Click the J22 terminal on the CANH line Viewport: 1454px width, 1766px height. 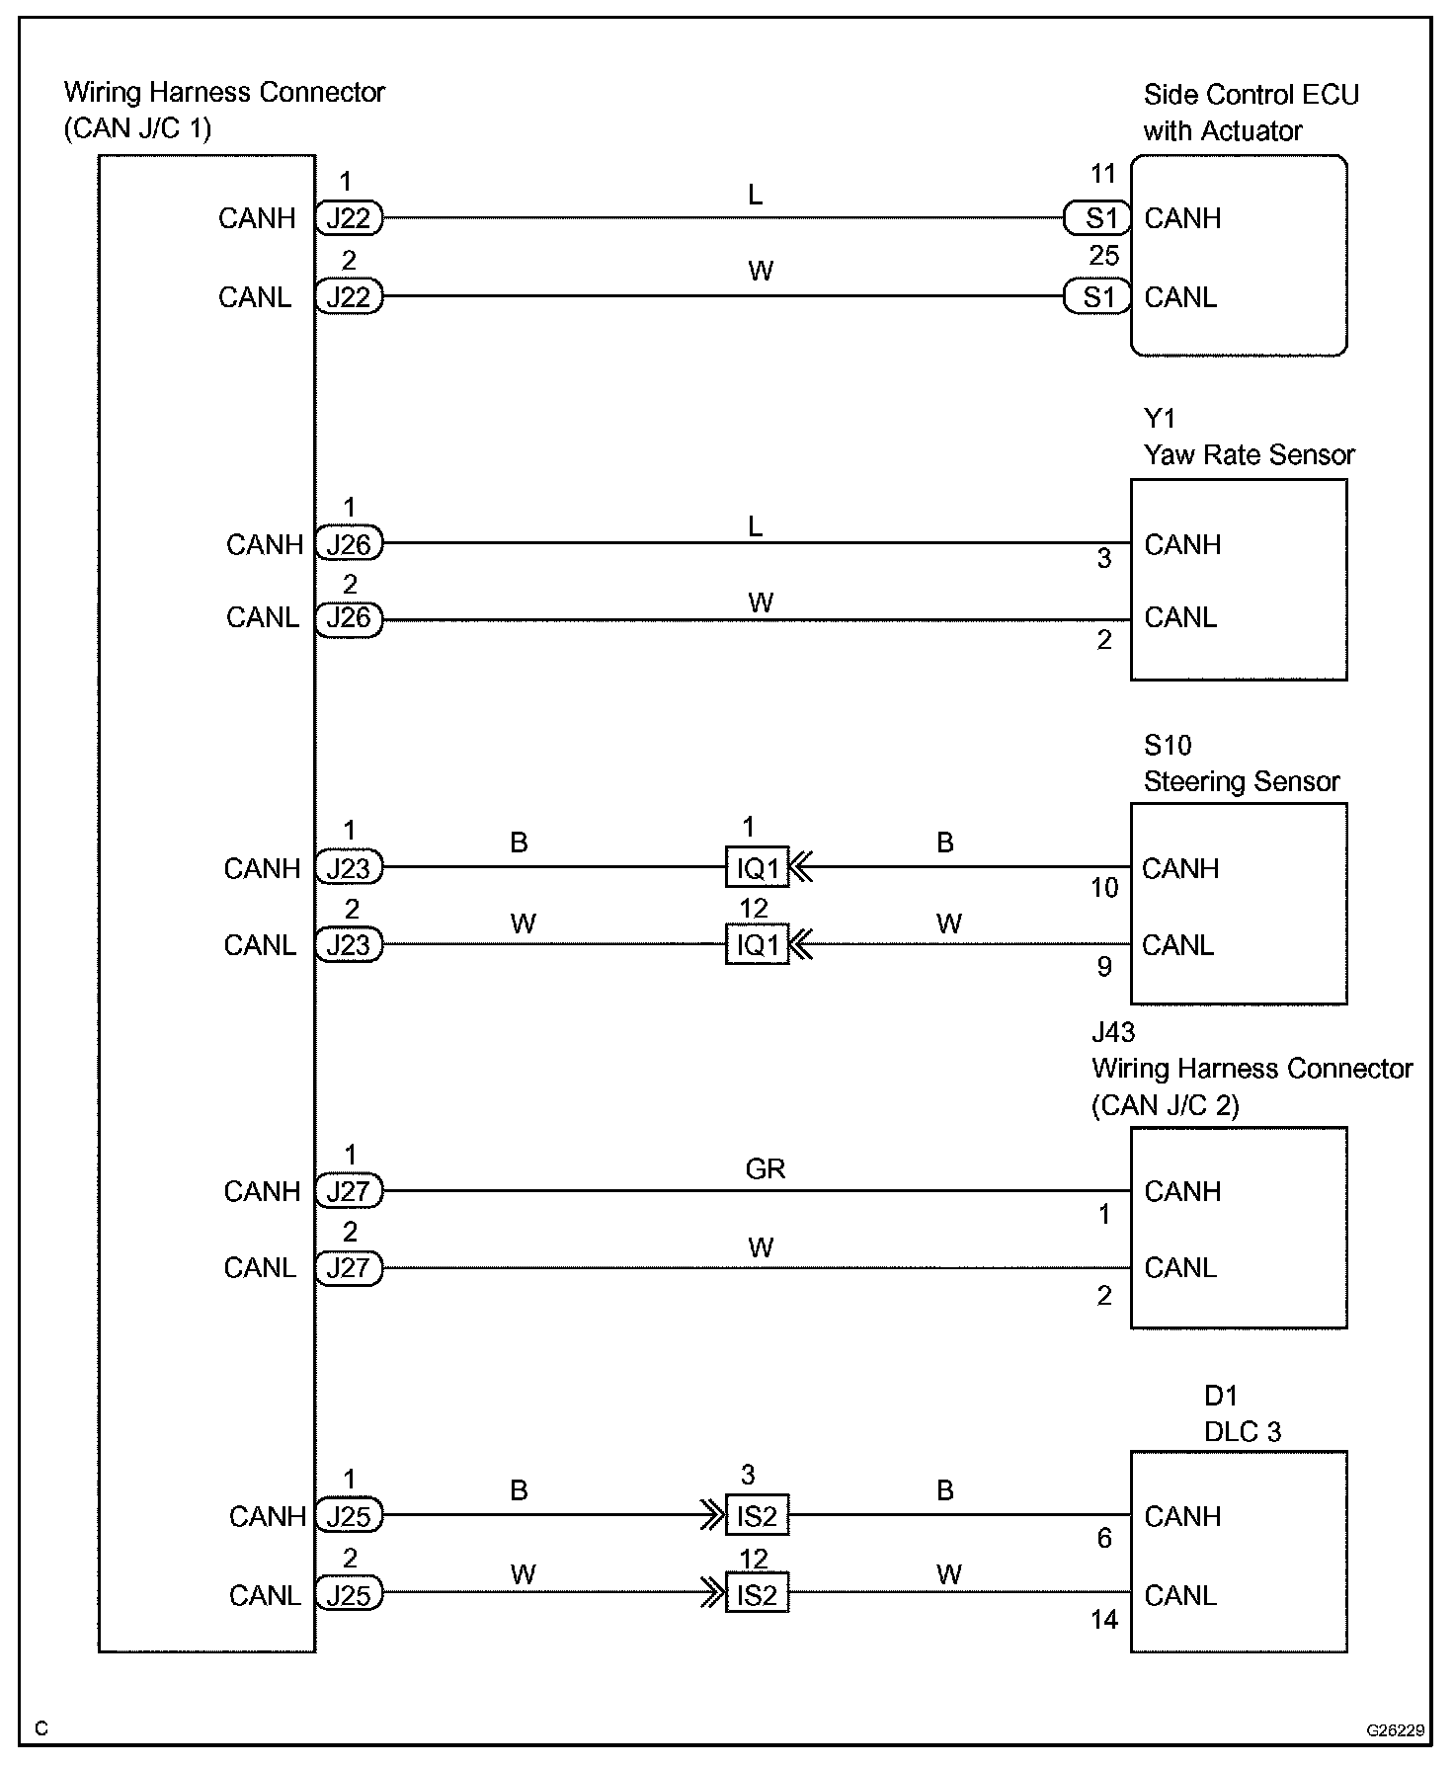349,218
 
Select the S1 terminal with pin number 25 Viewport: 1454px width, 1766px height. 1096,296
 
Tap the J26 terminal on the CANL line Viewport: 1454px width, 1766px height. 349,618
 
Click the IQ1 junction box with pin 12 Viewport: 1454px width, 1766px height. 758,945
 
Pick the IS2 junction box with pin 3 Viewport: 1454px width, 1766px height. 758,1515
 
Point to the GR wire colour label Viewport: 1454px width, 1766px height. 766,1169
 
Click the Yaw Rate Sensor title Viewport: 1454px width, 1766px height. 1249,455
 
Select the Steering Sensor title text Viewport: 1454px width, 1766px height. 1241,782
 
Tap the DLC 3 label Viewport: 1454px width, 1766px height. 1242,1432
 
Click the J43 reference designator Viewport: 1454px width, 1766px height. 1113,1033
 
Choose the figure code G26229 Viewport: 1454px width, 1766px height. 1395,1730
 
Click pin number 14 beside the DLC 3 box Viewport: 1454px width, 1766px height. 1104,1620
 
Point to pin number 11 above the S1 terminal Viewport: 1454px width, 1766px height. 1102,175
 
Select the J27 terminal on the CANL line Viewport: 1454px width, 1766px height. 349,1268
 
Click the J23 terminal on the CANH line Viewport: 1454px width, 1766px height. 349,868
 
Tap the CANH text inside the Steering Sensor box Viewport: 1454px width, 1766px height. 1180,869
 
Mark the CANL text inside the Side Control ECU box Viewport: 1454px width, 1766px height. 1180,297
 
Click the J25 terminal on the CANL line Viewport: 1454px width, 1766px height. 349,1596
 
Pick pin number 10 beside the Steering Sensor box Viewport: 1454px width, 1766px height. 1104,888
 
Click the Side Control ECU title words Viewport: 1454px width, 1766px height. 1251,95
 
